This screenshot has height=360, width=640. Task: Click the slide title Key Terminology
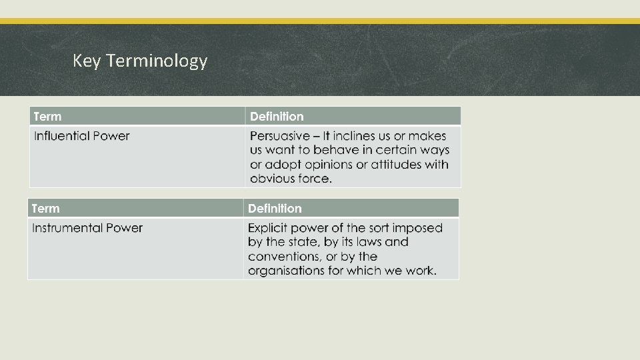pyautogui.click(x=140, y=61)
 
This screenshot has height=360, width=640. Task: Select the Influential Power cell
pyautogui.click(x=82, y=136)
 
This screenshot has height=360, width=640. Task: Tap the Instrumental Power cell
pyautogui.click(x=87, y=228)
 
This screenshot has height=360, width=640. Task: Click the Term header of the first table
pyautogui.click(x=47, y=117)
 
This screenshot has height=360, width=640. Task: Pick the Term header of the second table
pyautogui.click(x=46, y=209)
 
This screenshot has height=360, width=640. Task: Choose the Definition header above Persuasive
pyautogui.click(x=277, y=117)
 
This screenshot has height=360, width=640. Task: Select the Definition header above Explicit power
pyautogui.click(x=275, y=209)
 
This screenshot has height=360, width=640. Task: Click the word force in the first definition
pyautogui.click(x=313, y=179)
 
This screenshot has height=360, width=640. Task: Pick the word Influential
pyautogui.click(x=61, y=136)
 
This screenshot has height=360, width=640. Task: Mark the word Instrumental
pyautogui.click(x=65, y=228)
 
